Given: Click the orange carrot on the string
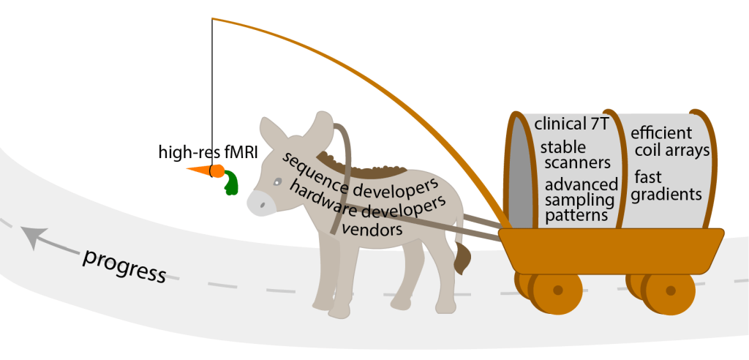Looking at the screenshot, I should pyautogui.click(x=206, y=171).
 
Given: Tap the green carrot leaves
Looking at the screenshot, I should pyautogui.click(x=232, y=183).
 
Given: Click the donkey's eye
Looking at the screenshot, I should pyautogui.click(x=276, y=182).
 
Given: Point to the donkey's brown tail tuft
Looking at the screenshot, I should pyautogui.click(x=462, y=260).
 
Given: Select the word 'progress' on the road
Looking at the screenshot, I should pyautogui.click(x=124, y=265).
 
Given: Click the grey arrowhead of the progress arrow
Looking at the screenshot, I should pyautogui.click(x=31, y=237).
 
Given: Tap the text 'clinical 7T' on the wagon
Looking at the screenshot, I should pyautogui.click(x=571, y=124).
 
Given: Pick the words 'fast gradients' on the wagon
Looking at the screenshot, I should pyautogui.click(x=668, y=186).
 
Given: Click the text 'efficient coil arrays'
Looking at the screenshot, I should pyautogui.click(x=670, y=142).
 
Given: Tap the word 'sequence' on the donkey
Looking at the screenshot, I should pyautogui.click(x=308, y=168).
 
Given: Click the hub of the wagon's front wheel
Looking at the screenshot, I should pyautogui.click(x=557, y=290).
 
